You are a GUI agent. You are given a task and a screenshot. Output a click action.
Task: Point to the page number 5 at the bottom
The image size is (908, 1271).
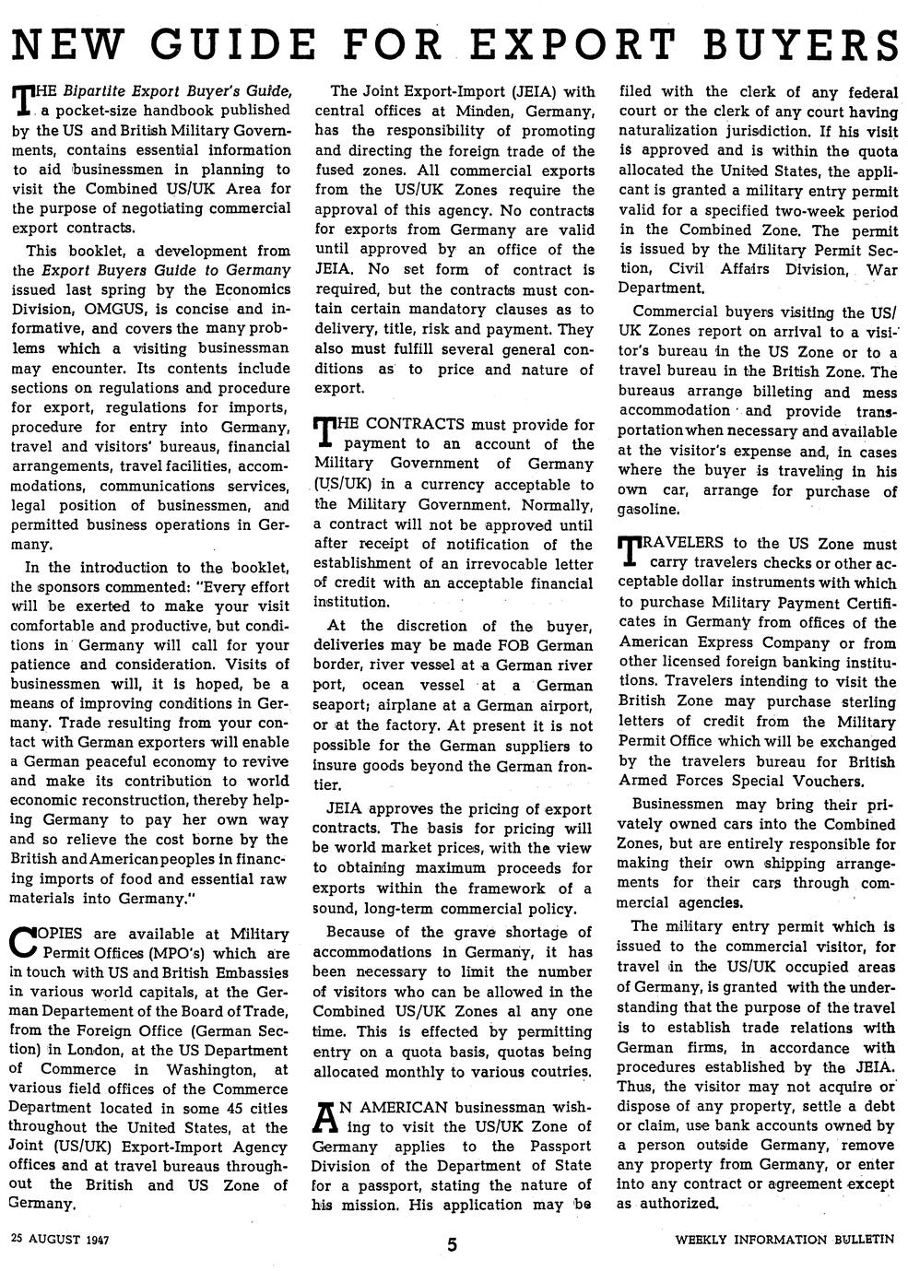(x=453, y=1244)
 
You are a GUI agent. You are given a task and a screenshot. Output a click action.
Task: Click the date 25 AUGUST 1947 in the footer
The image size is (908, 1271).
(x=60, y=1239)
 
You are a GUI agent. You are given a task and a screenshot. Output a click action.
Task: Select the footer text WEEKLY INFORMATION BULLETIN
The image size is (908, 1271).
(x=784, y=1239)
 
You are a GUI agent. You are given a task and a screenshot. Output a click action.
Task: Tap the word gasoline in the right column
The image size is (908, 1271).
(x=649, y=510)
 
